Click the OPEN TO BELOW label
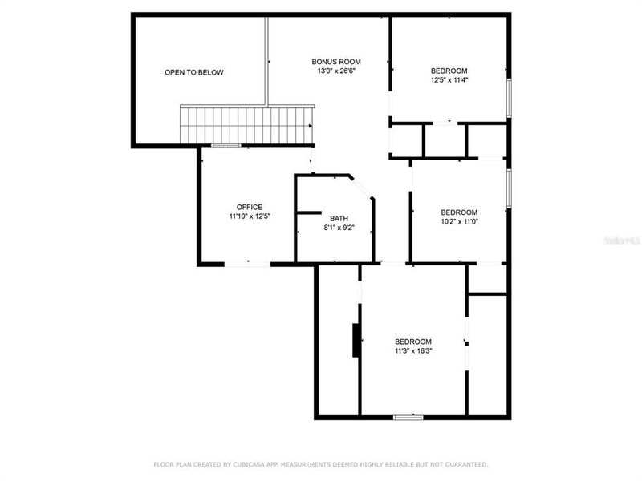click(x=194, y=72)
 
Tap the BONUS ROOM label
click(x=336, y=62)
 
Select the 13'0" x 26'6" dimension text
click(x=336, y=71)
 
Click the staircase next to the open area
click(x=246, y=125)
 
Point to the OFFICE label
click(x=249, y=207)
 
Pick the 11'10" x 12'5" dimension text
click(x=249, y=216)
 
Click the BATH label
click(x=339, y=218)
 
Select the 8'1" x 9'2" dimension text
click(x=339, y=228)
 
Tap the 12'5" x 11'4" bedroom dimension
click(x=449, y=80)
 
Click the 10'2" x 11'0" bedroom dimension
click(x=459, y=222)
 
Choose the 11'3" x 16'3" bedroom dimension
click(x=413, y=350)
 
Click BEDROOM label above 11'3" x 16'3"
click(x=413, y=341)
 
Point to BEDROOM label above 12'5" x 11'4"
click(x=449, y=71)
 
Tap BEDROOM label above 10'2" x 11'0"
click(x=459, y=212)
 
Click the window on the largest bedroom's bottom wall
click(x=408, y=417)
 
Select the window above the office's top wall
click(x=227, y=145)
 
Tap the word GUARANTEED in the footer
click(x=465, y=464)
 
